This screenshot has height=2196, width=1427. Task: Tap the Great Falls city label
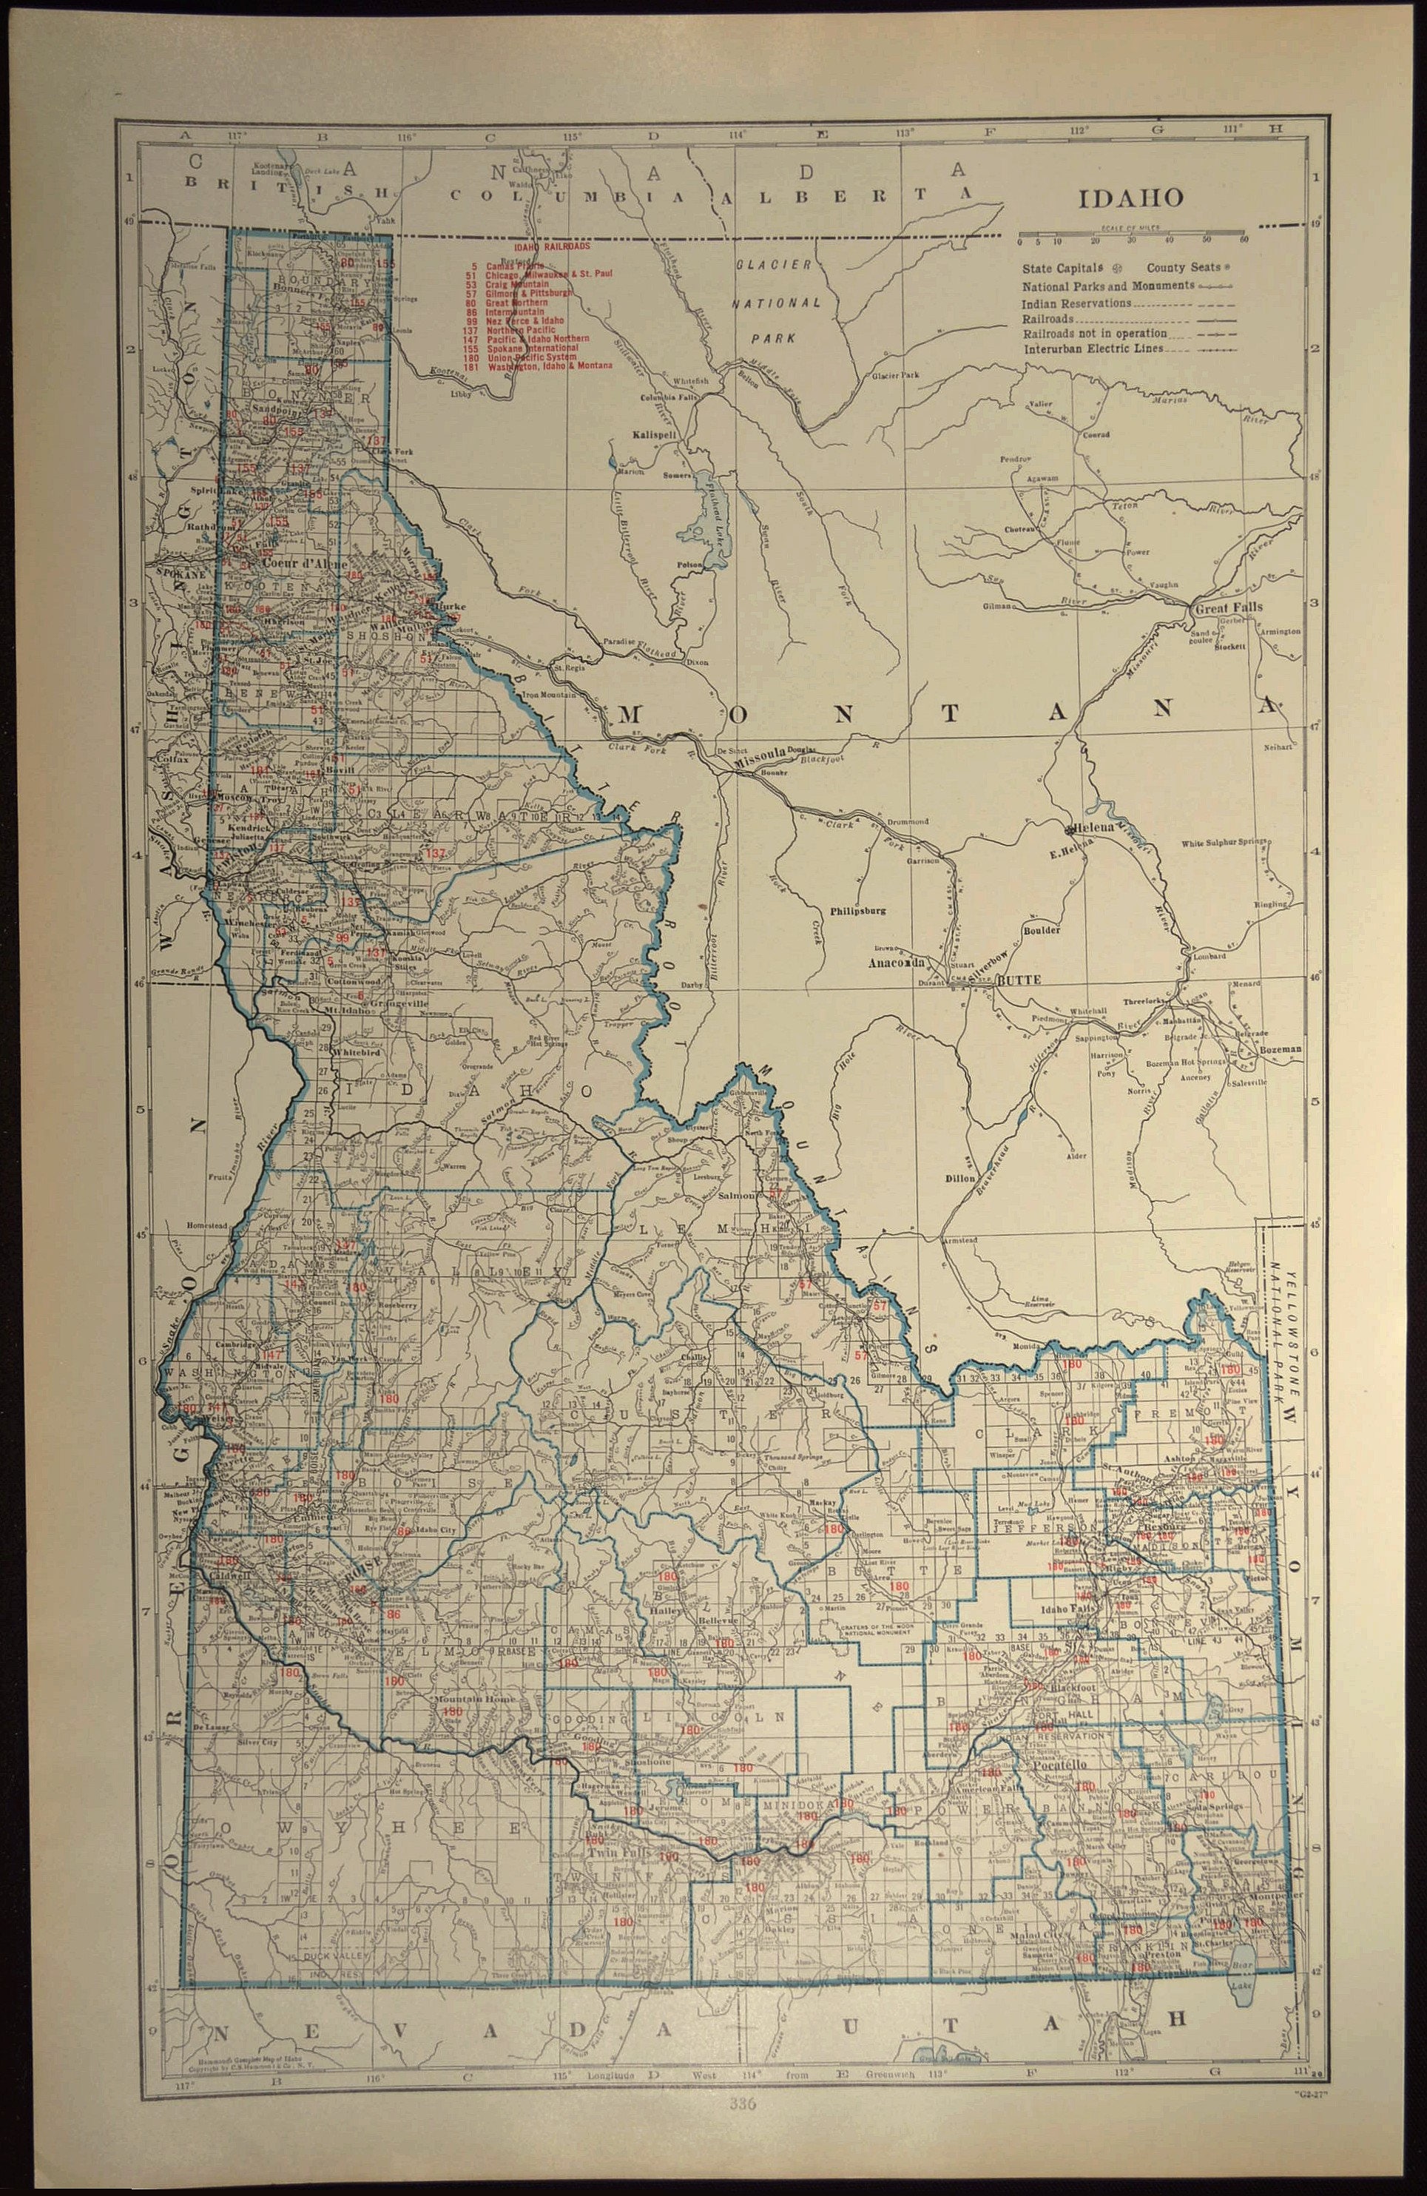[x=1228, y=608]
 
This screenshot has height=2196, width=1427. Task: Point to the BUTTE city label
[x=1019, y=982]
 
